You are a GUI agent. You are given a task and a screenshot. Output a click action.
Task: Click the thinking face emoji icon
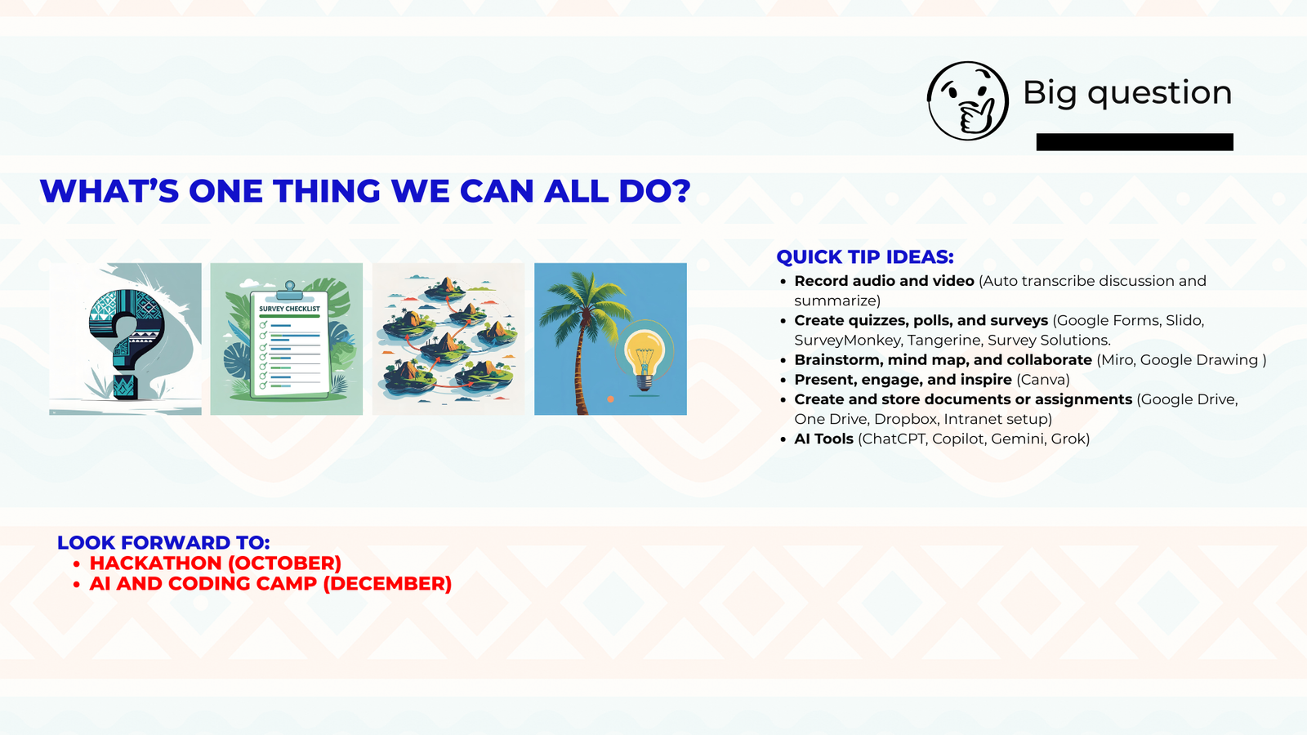click(968, 101)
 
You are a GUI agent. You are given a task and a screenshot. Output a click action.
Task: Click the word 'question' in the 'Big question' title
click(1159, 94)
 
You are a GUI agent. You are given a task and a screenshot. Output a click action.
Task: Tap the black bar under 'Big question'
click(1135, 142)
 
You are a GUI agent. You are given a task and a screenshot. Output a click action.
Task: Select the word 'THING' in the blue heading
click(327, 191)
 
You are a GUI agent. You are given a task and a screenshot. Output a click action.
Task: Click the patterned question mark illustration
click(127, 341)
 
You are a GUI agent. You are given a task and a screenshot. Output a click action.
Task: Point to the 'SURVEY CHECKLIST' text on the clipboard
click(289, 309)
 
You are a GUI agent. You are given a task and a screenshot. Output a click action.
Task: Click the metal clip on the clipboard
click(289, 289)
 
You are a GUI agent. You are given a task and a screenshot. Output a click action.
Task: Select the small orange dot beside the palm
click(610, 399)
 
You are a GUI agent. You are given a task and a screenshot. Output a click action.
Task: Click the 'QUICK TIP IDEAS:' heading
click(865, 256)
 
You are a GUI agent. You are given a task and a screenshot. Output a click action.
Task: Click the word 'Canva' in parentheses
click(1043, 380)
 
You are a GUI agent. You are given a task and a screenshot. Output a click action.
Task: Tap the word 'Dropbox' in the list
click(906, 420)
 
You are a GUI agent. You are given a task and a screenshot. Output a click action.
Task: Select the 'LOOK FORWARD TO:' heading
click(163, 542)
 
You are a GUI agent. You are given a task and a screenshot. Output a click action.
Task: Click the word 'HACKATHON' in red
click(155, 563)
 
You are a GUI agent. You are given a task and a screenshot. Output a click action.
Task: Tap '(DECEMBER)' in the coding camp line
click(387, 583)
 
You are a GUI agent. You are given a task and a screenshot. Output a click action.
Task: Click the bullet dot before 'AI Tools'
click(783, 439)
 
